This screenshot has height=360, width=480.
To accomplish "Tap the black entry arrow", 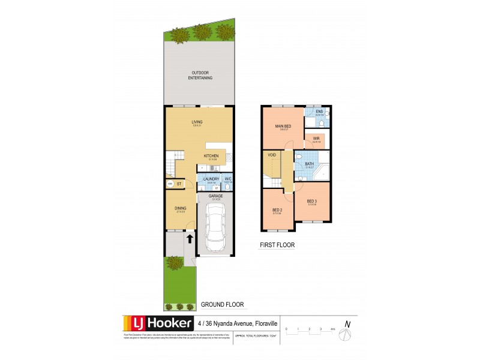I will [190, 238].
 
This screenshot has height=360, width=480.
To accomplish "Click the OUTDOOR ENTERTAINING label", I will [198, 76].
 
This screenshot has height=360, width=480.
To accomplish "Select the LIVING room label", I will [197, 122].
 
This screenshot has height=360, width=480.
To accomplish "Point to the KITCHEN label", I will [211, 156].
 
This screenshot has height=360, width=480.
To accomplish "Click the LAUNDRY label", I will [211, 179].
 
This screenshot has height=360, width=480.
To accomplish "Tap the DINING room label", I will [181, 208].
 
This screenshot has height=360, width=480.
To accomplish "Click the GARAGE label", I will [215, 196].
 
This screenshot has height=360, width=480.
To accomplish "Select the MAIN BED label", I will [283, 127].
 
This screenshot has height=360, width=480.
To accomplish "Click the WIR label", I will [316, 139].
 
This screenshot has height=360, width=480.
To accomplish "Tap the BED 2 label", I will [277, 210].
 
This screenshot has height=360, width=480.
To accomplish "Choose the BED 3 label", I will [311, 201].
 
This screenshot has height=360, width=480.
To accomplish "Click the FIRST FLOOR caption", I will [278, 245].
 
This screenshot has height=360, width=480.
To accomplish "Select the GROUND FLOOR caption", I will [222, 304].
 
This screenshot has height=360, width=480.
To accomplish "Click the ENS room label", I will [319, 112].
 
